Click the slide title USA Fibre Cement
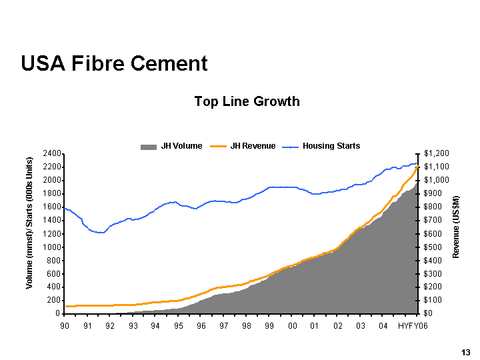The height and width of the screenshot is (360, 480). click(114, 63)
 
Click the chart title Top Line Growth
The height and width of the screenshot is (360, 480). click(247, 101)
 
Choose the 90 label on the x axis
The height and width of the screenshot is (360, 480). click(65, 325)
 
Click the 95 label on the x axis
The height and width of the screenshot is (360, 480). click(179, 325)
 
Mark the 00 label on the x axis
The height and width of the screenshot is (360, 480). click(292, 325)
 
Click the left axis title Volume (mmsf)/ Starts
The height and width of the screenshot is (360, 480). click(29, 223)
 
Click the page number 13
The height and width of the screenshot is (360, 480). click(465, 351)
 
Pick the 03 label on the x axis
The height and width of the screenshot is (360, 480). click(360, 325)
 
